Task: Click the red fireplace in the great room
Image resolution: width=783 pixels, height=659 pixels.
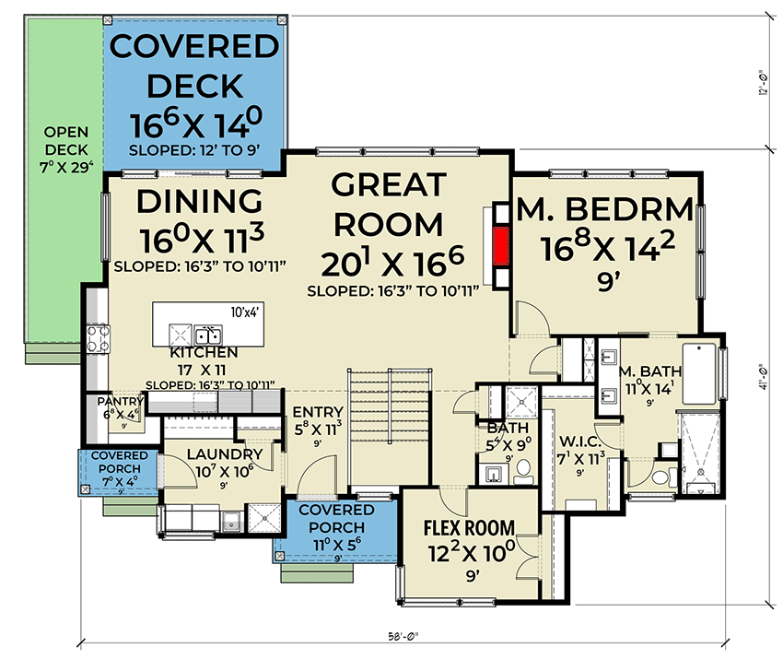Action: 500,244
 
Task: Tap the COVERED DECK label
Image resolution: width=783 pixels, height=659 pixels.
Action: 193,65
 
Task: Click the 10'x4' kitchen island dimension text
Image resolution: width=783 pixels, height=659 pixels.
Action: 244,312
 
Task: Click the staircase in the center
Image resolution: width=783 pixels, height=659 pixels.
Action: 389,424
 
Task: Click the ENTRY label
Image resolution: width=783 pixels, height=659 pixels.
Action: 317,412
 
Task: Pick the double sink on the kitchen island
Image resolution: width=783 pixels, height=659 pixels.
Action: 208,334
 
